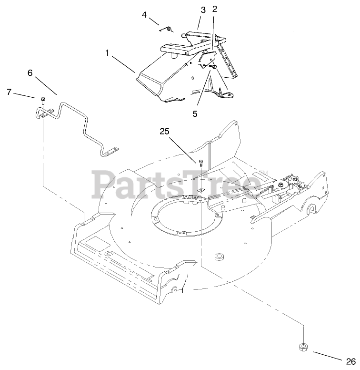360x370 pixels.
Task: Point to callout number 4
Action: (144, 15)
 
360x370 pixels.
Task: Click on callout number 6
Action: (30, 73)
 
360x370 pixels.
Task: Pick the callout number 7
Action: (9, 92)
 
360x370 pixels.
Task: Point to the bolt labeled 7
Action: (42, 100)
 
